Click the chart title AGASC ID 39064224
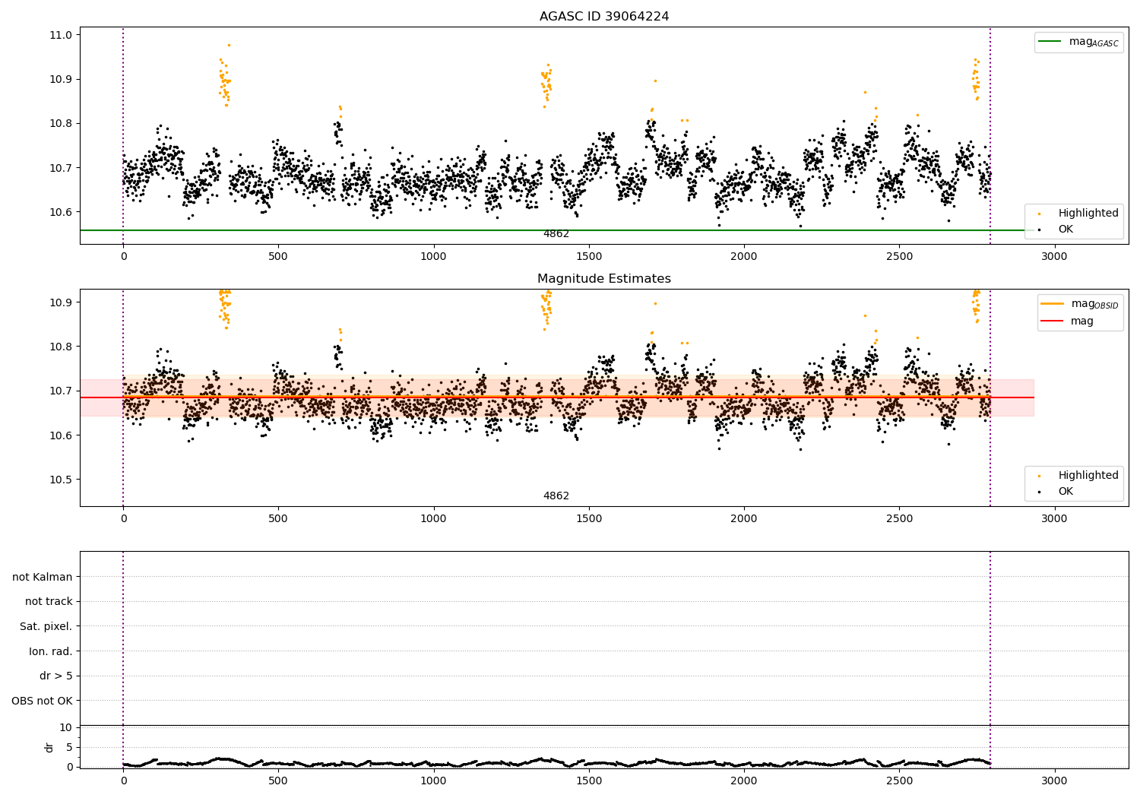[x=603, y=17]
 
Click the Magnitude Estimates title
[x=603, y=279]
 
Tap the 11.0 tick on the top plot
[x=62, y=35]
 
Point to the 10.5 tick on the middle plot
[x=62, y=480]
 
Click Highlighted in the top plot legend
[x=1088, y=214]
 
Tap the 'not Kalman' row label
[x=43, y=577]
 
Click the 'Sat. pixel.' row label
[x=46, y=626]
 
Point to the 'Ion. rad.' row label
[x=51, y=651]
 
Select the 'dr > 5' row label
[x=56, y=676]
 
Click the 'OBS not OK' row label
[x=43, y=701]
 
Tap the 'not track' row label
[x=49, y=601]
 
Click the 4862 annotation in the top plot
[x=556, y=234]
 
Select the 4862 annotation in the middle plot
[x=556, y=496]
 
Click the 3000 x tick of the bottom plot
[x=1054, y=781]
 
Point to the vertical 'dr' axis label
[x=49, y=747]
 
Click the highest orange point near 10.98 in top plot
[x=229, y=45]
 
